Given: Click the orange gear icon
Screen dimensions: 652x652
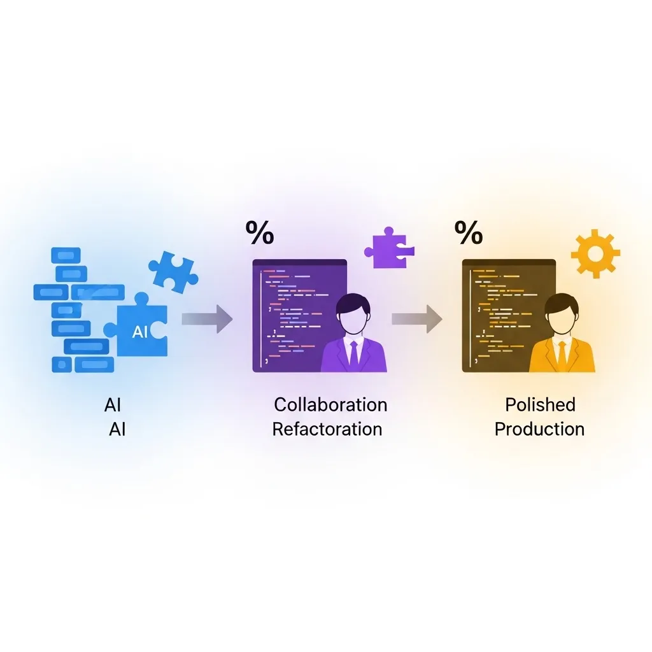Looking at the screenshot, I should click(x=595, y=254).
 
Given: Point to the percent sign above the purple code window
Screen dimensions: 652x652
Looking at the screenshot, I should click(x=260, y=234).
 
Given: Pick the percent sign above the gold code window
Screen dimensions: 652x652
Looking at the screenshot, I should click(x=469, y=234).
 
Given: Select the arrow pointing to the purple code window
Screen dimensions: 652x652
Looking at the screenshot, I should click(x=207, y=318).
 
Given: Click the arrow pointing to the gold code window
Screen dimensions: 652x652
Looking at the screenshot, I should click(x=416, y=318).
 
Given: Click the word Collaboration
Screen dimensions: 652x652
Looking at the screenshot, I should click(x=330, y=404).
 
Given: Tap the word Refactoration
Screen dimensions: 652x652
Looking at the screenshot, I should click(x=327, y=429).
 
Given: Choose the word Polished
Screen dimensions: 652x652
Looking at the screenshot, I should click(x=540, y=404).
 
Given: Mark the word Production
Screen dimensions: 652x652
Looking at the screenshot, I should click(x=539, y=429).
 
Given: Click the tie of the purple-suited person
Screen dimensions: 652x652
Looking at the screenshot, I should click(x=353, y=353).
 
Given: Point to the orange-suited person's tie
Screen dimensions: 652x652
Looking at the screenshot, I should click(x=562, y=354).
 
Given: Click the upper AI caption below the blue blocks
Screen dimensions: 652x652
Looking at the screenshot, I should click(x=113, y=405).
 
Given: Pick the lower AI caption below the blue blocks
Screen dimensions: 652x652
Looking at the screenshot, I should click(x=117, y=429).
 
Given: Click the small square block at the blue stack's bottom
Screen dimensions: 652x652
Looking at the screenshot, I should click(x=61, y=365).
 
